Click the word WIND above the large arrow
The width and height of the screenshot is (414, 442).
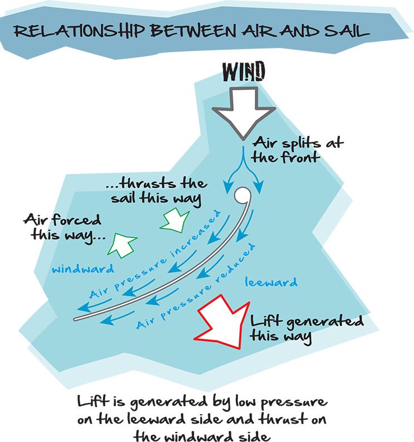pos(244,72)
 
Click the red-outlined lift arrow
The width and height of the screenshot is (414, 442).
pos(222,324)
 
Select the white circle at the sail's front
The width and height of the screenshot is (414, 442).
pos(242,195)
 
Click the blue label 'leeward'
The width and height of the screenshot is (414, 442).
pos(272,283)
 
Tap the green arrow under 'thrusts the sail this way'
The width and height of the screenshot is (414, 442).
pos(173,219)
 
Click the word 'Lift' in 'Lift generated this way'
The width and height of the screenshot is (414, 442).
pos(265,321)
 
